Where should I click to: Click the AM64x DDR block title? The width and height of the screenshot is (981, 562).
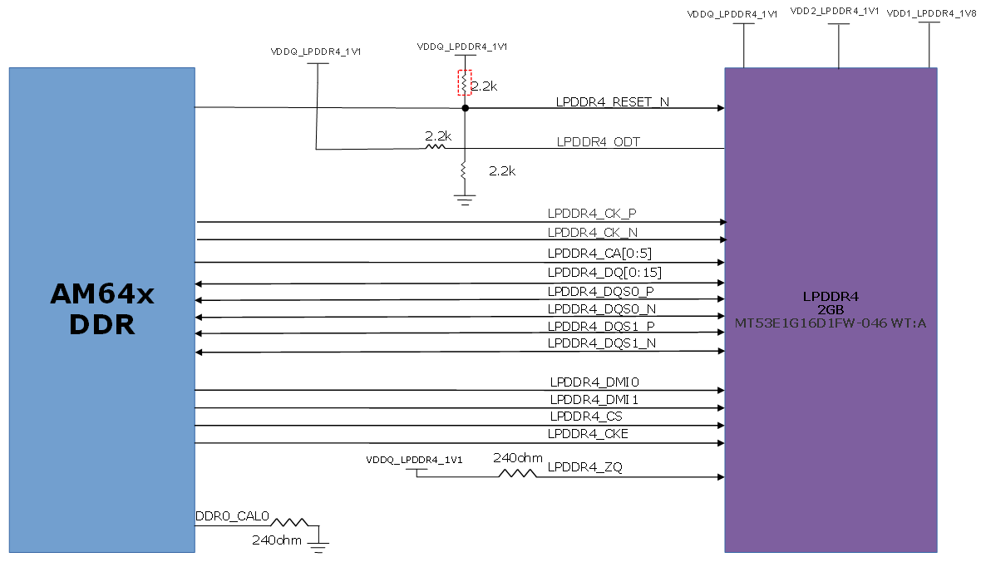point(102,309)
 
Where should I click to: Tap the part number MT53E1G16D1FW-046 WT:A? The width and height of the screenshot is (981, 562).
point(831,323)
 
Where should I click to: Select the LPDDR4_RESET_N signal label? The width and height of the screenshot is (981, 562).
point(612,102)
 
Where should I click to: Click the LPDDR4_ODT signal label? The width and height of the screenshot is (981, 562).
point(598,142)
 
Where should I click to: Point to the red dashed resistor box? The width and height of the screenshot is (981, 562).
point(465,83)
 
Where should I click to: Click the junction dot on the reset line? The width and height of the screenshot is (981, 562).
point(466,108)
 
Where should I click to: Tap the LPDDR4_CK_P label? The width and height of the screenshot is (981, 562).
point(592,214)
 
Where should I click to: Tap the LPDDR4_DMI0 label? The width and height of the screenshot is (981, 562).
point(594,382)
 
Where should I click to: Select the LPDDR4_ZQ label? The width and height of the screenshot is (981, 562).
point(584,468)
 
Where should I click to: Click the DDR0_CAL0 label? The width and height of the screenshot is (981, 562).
point(232,516)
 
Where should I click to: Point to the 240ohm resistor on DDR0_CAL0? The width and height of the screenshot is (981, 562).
point(289,522)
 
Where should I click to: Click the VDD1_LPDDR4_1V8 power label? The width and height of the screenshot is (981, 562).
point(931,14)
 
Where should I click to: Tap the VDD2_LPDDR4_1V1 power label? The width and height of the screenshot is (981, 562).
point(832,12)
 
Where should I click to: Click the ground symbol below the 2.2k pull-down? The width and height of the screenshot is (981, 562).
point(464,199)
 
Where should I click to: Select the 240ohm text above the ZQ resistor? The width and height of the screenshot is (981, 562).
point(518,458)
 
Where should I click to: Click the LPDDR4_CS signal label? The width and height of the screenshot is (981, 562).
point(585,417)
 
